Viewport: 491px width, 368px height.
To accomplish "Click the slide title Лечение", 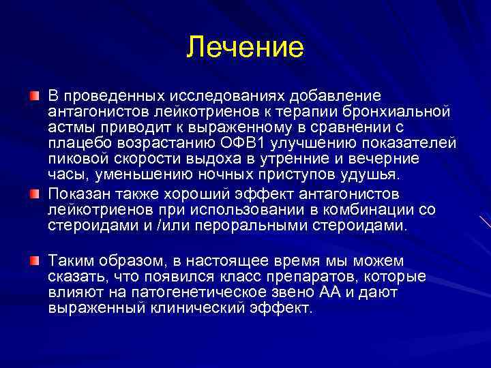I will click(x=245, y=47).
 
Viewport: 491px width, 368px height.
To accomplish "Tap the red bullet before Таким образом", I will click(x=35, y=260).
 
